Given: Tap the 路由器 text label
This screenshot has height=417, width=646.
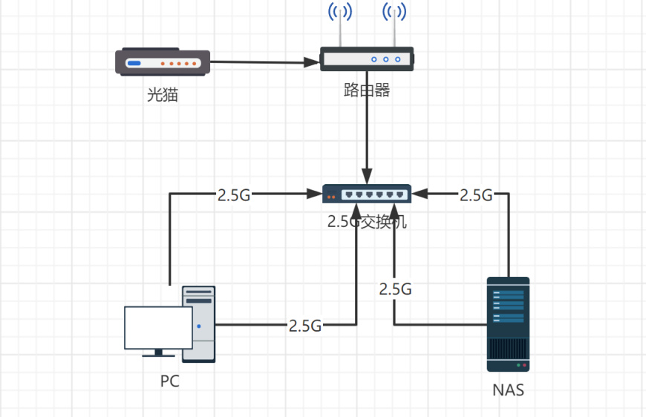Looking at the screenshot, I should click(367, 91).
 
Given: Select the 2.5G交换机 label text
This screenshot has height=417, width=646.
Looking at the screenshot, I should click(367, 221).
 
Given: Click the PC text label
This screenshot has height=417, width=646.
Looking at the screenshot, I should click(169, 381).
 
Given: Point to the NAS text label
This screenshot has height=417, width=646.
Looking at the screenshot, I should click(508, 390).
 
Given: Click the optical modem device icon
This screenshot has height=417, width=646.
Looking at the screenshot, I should click(163, 63).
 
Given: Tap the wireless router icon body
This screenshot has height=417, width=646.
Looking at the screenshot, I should click(367, 59).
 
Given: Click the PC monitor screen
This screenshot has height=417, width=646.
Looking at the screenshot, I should click(157, 327).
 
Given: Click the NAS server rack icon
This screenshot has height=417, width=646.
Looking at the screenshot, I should click(508, 324).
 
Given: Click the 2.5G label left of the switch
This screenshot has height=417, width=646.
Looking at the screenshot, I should click(234, 196).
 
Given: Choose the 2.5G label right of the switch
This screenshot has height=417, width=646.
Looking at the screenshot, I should click(476, 196).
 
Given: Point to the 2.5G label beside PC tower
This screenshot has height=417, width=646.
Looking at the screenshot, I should click(305, 325).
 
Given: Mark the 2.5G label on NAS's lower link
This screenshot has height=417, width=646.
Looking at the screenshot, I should click(395, 289).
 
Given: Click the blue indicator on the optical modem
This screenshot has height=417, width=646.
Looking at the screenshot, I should click(134, 63).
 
